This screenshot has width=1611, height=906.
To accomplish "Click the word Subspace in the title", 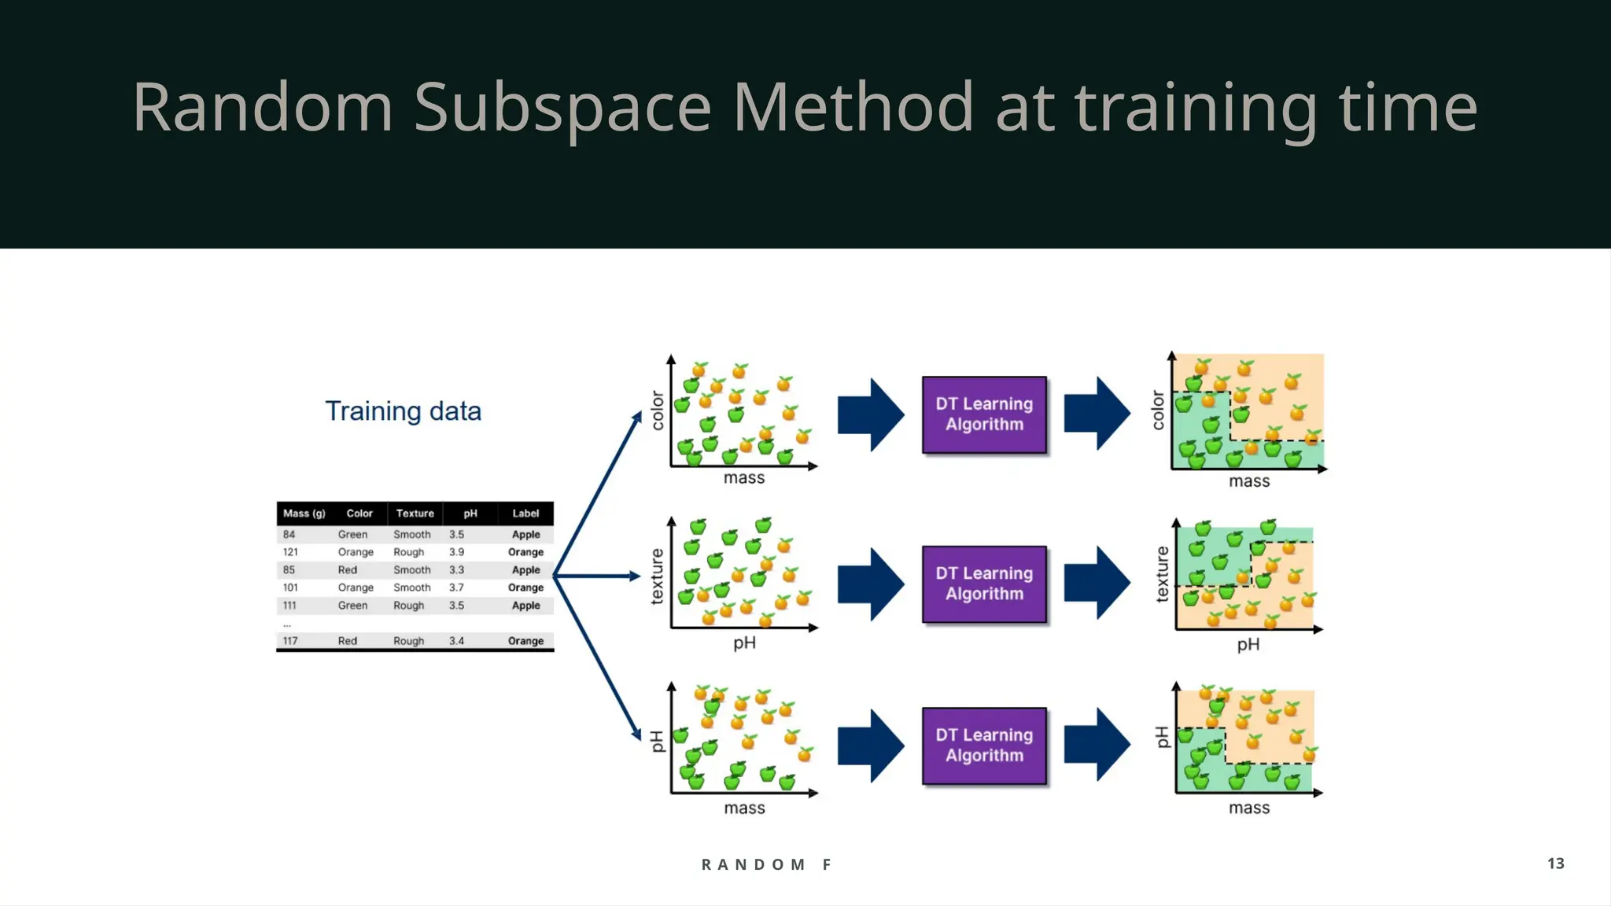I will [562, 108].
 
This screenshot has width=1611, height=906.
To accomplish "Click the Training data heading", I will [403, 411].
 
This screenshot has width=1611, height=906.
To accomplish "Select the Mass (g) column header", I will [304, 514].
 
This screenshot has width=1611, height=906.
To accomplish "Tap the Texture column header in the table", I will [415, 514].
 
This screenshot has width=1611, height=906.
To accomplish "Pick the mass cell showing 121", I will [290, 552].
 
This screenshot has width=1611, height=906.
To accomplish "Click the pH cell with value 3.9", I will [456, 552].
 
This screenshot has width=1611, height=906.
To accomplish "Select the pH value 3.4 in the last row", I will [456, 641].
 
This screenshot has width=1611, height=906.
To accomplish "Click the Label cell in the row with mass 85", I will [525, 570].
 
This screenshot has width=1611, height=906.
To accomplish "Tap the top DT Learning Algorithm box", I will [984, 414].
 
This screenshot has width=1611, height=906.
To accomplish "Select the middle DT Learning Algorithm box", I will [984, 584].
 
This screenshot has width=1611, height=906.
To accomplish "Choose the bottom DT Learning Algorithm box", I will [984, 746].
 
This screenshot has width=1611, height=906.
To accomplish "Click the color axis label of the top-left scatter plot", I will [658, 411].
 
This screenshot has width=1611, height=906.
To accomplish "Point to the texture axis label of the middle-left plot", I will [657, 576].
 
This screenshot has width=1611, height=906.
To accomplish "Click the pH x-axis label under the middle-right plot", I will [1248, 645].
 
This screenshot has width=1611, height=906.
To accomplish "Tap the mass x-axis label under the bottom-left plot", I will [744, 808].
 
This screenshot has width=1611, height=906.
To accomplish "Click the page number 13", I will [1555, 864].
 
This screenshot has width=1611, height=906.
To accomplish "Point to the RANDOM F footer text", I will [766, 864].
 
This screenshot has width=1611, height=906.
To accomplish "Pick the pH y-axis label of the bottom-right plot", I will [1162, 737].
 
